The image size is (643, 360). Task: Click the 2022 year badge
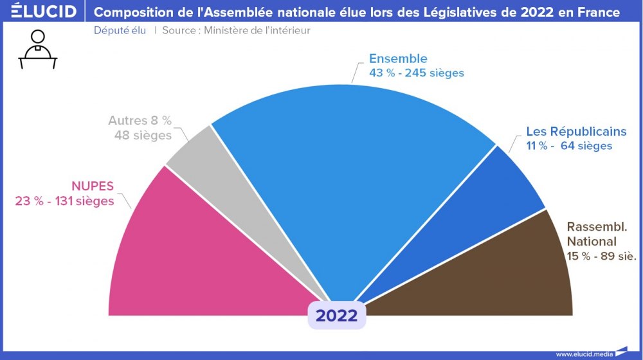[336, 315]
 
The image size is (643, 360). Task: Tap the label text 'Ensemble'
[398, 59]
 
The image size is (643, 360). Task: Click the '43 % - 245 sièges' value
[416, 73]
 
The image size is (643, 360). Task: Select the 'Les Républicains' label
[576, 131]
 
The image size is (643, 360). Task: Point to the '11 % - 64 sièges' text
[569, 146]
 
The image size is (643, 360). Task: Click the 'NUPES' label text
[93, 186]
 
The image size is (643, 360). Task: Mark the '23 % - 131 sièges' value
[64, 201]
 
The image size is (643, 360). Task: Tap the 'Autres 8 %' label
[140, 121]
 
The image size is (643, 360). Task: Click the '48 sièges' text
[143, 135]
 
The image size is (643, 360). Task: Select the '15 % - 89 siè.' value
[601, 256]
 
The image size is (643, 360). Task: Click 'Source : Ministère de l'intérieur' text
[236, 31]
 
